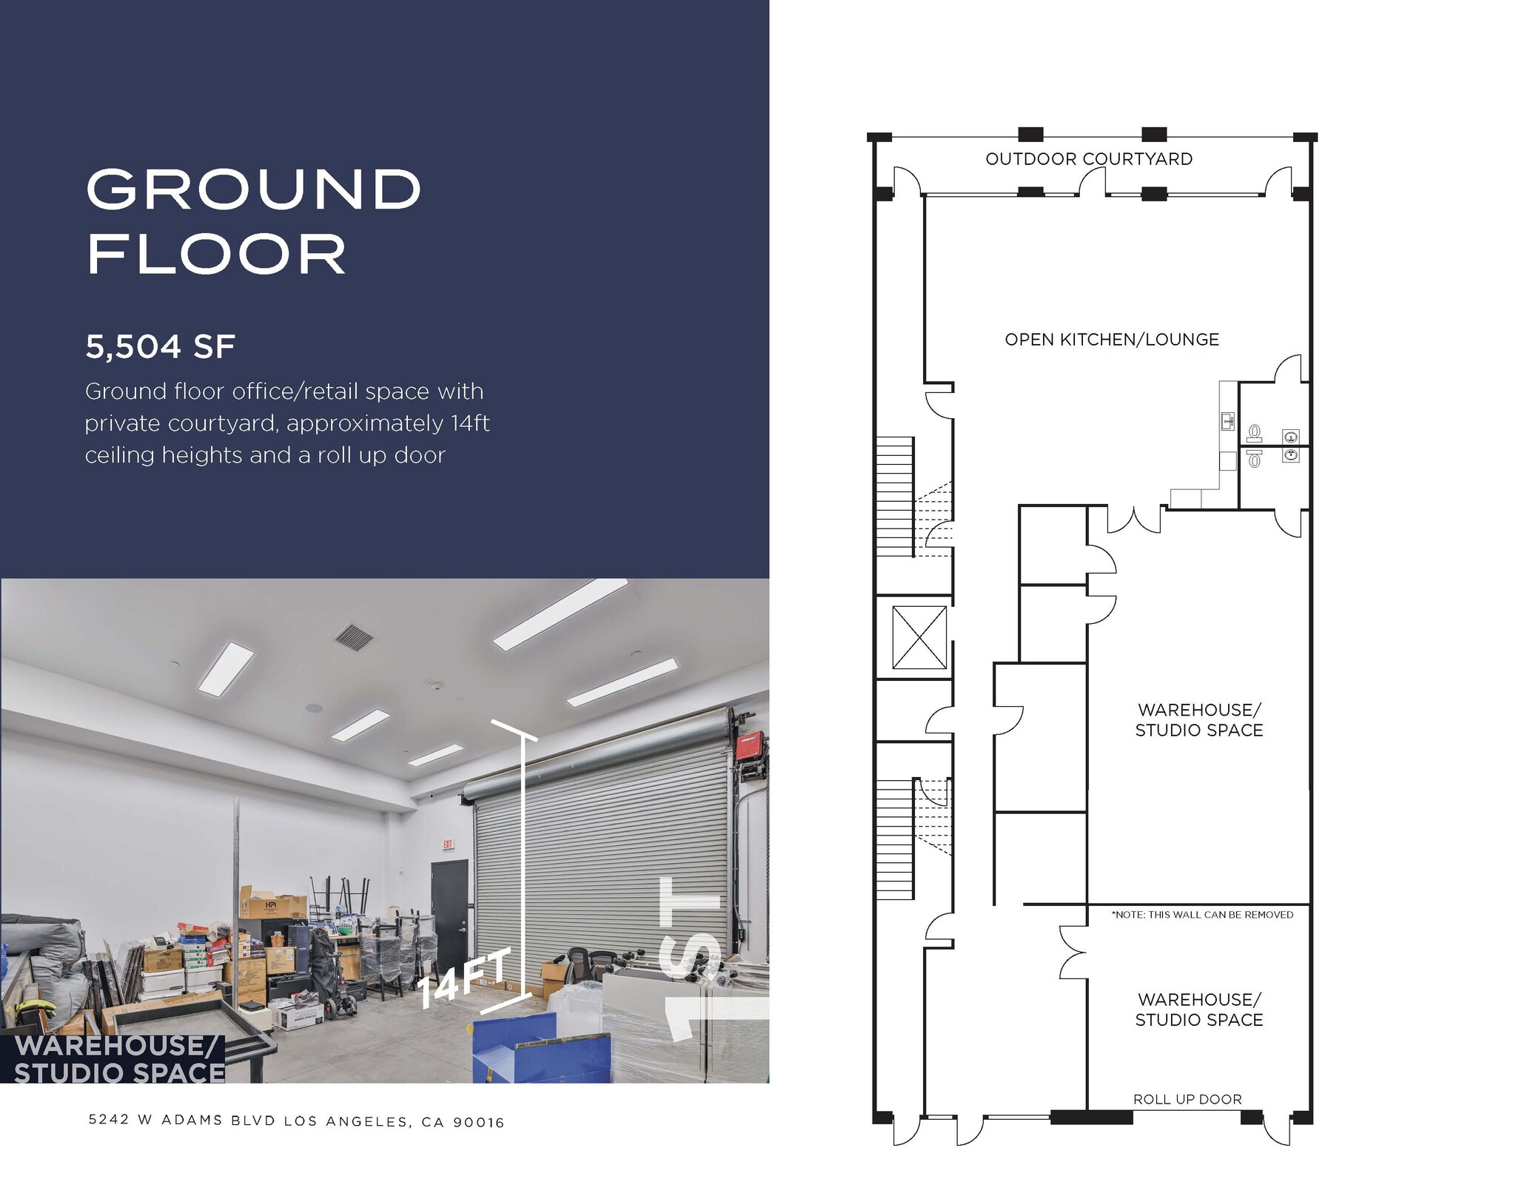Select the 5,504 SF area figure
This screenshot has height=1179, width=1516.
tap(160, 347)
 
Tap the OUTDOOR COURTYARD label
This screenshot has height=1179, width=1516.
tap(1089, 159)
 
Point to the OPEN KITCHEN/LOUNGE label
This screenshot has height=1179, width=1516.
tap(1111, 340)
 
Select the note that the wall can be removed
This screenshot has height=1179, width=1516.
tap(1202, 915)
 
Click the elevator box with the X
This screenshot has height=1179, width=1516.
tap(919, 637)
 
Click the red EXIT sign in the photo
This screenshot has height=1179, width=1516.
tap(447, 844)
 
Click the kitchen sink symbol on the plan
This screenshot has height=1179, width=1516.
tap(1227, 423)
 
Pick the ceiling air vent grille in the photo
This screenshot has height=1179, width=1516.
tap(354, 636)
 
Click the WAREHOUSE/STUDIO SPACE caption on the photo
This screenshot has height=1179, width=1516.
tap(118, 1059)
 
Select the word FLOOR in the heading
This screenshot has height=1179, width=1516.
tap(216, 255)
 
